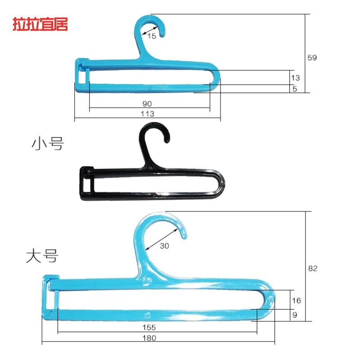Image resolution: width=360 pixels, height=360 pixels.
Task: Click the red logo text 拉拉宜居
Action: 40,25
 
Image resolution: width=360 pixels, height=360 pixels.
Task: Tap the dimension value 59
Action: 312,58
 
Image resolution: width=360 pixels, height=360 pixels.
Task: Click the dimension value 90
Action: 147,103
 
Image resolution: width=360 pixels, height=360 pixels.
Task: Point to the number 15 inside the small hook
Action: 152,36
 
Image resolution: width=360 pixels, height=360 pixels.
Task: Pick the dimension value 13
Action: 295,77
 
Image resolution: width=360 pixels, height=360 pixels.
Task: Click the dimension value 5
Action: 295,89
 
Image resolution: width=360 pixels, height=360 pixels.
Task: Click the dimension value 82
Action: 313,268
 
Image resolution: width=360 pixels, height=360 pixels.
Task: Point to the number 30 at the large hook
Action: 165,246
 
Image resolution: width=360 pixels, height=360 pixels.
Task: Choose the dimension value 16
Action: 296,300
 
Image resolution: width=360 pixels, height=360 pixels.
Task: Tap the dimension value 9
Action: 295,315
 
